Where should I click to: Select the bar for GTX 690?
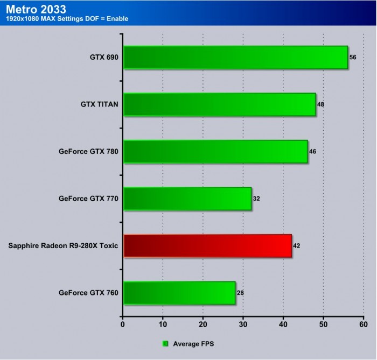[x=235, y=57]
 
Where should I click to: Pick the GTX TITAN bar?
[x=219, y=104]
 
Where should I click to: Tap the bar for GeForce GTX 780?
[x=215, y=152]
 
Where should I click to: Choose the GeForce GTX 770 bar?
[x=187, y=199]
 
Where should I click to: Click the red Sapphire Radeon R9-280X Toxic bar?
[x=207, y=246]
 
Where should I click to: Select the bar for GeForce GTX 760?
[x=179, y=293]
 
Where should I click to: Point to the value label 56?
[x=353, y=57]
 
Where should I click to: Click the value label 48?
[x=320, y=104]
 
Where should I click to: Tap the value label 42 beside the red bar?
[x=296, y=245]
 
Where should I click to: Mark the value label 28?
[x=240, y=293]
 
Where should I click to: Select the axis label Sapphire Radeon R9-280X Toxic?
[x=64, y=246]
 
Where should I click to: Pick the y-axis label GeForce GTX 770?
[x=88, y=199]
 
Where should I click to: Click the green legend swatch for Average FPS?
[x=165, y=343]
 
